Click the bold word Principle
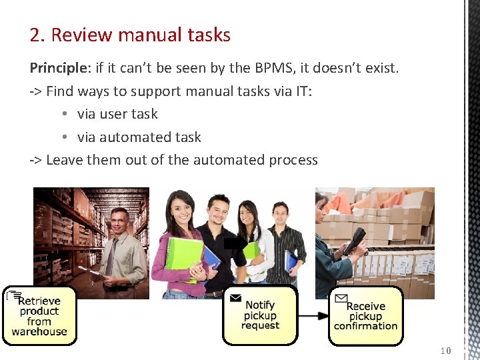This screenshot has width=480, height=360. (x=57, y=68)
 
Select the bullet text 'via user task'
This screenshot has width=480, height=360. (x=117, y=114)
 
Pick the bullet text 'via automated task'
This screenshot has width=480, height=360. (x=139, y=137)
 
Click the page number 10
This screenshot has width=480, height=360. (x=446, y=351)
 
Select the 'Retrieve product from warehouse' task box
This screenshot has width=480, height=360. (x=39, y=316)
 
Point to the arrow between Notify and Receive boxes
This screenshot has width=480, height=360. (x=313, y=315)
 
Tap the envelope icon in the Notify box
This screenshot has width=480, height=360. (x=235, y=298)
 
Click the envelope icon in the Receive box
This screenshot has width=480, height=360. (x=341, y=298)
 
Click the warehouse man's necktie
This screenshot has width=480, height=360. (x=112, y=257)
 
